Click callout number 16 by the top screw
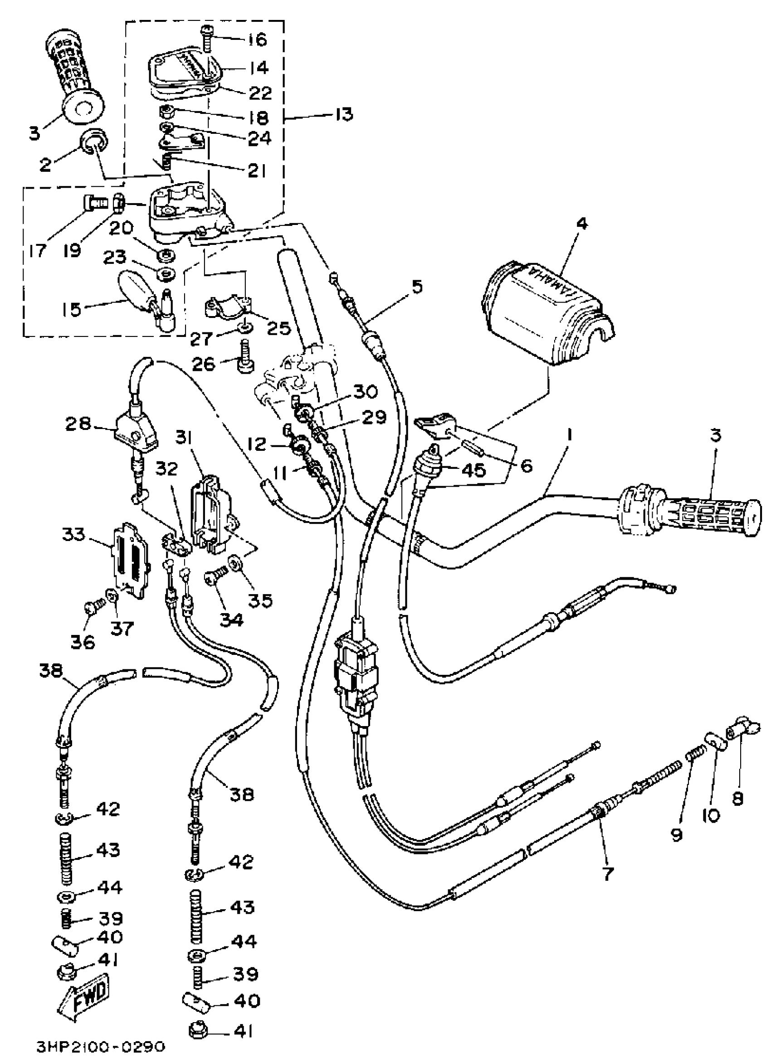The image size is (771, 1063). click(257, 40)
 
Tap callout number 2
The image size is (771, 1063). click(45, 165)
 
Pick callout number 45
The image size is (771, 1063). click(473, 470)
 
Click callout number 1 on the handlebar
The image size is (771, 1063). click(570, 435)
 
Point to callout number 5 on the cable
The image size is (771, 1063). click(417, 286)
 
